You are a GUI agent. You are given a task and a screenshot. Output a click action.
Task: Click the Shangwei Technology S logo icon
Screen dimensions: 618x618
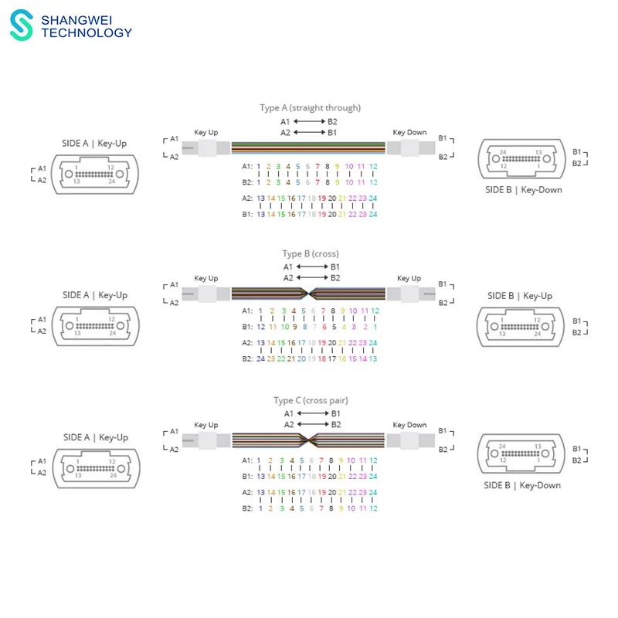pos(23,25)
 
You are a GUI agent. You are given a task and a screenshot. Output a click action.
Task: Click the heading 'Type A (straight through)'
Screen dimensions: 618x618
pos(310,107)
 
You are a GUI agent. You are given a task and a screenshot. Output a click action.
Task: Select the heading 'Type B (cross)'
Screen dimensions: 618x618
pos(310,253)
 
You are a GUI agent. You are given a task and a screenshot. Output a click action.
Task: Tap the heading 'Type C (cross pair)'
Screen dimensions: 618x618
pos(310,400)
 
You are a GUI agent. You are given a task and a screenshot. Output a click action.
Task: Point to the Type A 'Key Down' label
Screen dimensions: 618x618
pos(409,132)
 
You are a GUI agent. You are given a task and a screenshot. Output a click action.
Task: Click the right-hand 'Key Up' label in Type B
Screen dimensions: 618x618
pos(409,278)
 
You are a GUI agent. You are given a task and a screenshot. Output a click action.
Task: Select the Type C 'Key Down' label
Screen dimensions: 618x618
pos(409,425)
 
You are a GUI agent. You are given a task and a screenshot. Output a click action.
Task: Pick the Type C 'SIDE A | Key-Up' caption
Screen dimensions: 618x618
pos(95,437)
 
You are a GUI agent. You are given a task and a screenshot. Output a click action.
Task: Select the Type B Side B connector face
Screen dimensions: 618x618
pos(519,326)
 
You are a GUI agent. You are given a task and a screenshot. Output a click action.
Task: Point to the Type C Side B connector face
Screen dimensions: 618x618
pos(519,453)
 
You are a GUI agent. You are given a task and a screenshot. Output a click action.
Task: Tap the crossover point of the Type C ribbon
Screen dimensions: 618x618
pos(309,440)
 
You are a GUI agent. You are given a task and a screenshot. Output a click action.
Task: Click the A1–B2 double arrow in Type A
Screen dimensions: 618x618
pos(309,122)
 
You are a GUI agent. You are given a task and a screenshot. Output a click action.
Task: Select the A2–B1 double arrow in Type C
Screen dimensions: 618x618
pos(309,424)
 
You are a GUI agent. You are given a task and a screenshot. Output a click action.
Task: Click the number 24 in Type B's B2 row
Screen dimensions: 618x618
pos(261,358)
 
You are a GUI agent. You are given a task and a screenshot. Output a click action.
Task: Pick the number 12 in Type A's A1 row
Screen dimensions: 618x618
pos(373,166)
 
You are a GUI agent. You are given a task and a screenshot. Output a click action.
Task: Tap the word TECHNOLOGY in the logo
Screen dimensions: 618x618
pos(87,32)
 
